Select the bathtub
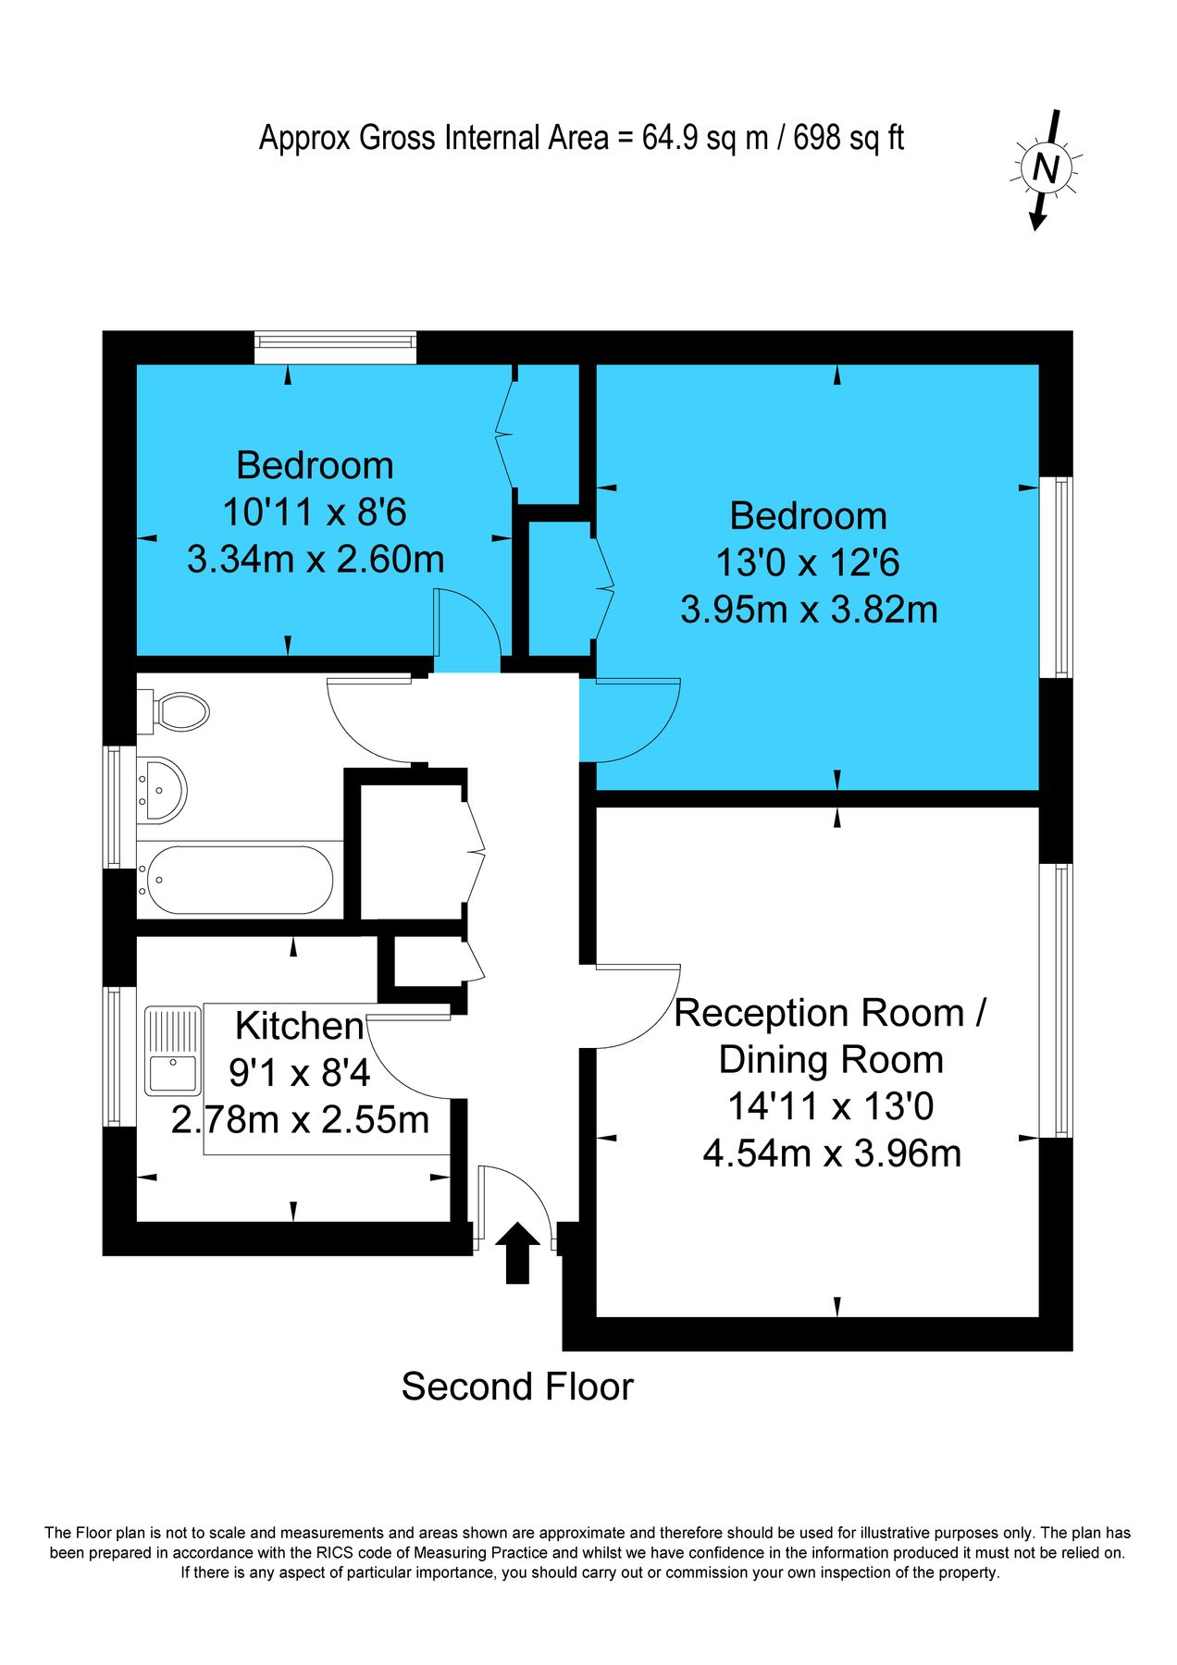pyautogui.click(x=239, y=880)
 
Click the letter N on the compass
pyautogui.click(x=1046, y=169)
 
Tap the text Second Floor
pyautogui.click(x=516, y=1387)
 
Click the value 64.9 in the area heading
pyautogui.click(x=671, y=139)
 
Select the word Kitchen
pyautogui.click(x=299, y=1026)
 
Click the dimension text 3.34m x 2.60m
pyautogui.click(x=316, y=560)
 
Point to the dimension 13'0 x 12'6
pyautogui.click(x=808, y=562)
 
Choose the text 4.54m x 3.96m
pyautogui.click(x=832, y=1153)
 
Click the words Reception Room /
pyautogui.click(x=830, y=1013)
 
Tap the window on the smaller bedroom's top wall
pyautogui.click(x=336, y=348)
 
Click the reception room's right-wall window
pyautogui.click(x=1056, y=1001)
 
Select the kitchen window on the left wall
pyautogui.click(x=115, y=1056)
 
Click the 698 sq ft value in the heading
pyautogui.click(x=848, y=139)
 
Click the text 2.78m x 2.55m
pyautogui.click(x=300, y=1120)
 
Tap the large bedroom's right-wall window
pyautogui.click(x=1056, y=577)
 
